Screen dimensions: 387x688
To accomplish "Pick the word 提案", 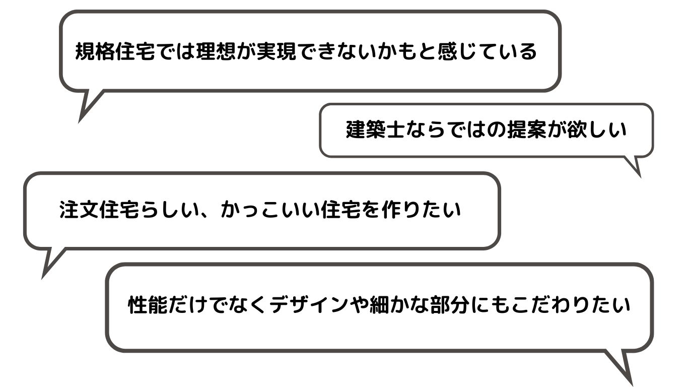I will click(x=533, y=130).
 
